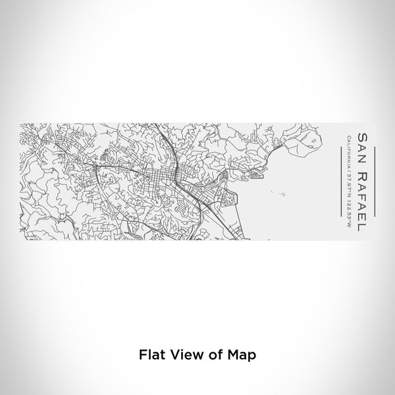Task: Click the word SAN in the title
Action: coord(361,143)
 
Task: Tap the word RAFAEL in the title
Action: coord(361,194)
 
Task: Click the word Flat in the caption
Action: coord(149,354)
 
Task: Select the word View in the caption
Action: coord(182,354)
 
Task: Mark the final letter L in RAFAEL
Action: coord(361,224)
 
